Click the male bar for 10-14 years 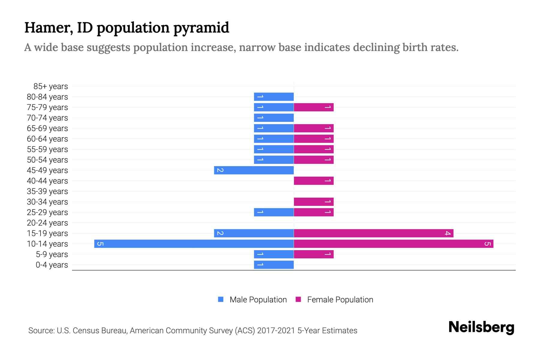194,244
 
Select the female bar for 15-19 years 373,233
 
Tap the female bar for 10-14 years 393,244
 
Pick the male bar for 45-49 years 254,170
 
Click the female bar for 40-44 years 313,181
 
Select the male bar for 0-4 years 274,265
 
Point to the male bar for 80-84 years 274,97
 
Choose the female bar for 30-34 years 313,202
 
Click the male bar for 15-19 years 254,233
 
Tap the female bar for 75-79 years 313,107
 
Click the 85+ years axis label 50,86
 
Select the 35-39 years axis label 47,191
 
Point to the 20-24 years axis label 47,223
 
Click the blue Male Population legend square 221,299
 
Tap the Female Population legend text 340,299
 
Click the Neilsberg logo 481,327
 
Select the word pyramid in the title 201,28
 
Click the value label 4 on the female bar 448,233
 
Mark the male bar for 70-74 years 274,118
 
